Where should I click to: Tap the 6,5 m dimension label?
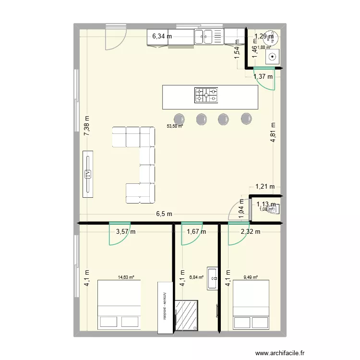click(x=163, y=214)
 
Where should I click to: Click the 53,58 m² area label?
click(x=175, y=126)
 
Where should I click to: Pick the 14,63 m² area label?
click(x=126, y=277)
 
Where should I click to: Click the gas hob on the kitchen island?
click(x=206, y=95)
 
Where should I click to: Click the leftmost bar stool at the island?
click(x=179, y=118)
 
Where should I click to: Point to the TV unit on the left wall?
click(x=87, y=174)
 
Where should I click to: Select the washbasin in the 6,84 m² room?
click(x=212, y=278)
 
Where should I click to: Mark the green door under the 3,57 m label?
click(x=120, y=234)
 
